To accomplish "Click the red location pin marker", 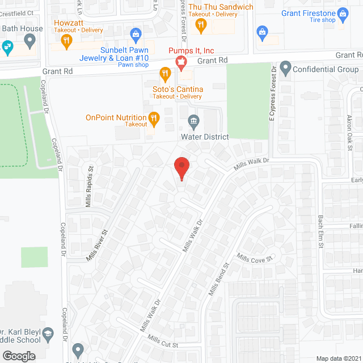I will click(181, 167).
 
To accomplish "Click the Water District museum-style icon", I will click(193, 121).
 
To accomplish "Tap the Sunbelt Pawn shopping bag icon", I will click(135, 35).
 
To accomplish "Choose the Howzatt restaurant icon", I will click(67, 40).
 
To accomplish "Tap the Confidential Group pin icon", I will click(285, 69).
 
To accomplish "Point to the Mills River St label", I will click(97, 245).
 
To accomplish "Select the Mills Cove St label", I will click(255, 258).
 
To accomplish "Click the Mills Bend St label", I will click(218, 279).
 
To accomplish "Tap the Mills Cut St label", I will click(163, 341).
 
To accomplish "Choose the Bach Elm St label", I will click(320, 230).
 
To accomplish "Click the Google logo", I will click(18, 356).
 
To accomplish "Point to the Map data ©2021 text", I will click(337, 358).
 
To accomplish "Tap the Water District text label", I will click(204, 137).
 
